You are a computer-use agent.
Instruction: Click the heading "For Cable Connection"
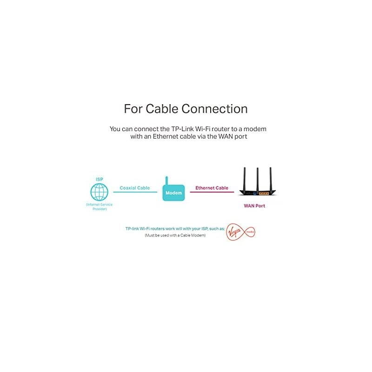pyautogui.click(x=186, y=109)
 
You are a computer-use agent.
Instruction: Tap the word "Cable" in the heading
pyautogui.click(x=161, y=109)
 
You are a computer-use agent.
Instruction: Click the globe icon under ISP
pyautogui.click(x=99, y=191)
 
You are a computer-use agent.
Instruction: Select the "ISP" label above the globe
pyautogui.click(x=99, y=179)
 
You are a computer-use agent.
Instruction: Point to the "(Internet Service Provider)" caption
pyautogui.click(x=99, y=207)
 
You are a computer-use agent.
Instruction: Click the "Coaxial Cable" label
pyautogui.click(x=135, y=188)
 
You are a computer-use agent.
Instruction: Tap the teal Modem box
pyautogui.click(x=173, y=192)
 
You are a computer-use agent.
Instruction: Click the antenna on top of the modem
pyautogui.click(x=166, y=180)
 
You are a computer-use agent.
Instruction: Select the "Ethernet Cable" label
pyautogui.click(x=212, y=188)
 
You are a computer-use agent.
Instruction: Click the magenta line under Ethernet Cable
pyautogui.click(x=212, y=193)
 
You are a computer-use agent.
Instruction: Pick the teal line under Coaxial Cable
pyautogui.click(x=135, y=193)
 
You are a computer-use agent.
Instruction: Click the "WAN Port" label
pyautogui.click(x=254, y=206)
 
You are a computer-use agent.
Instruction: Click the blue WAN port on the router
pyautogui.click(x=254, y=191)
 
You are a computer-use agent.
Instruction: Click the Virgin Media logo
pyautogui.click(x=240, y=231)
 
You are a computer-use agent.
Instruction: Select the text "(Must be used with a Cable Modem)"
pyautogui.click(x=174, y=236)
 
